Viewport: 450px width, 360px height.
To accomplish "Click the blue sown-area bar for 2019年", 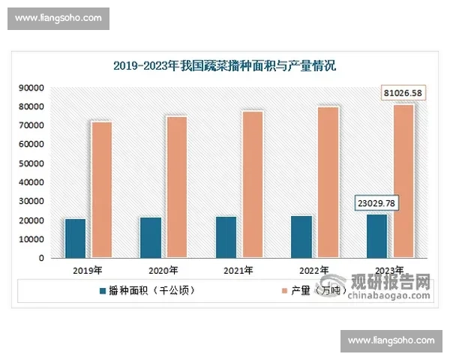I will point(75,238).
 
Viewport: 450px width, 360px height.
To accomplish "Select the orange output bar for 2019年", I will point(102,190).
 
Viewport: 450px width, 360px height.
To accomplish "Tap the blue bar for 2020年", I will point(150,238).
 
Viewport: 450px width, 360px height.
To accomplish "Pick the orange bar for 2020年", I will point(177,187).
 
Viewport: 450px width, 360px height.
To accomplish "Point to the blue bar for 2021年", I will point(226,237).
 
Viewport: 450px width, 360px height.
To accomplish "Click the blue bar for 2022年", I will point(301,237).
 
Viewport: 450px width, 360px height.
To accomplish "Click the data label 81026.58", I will point(403,93).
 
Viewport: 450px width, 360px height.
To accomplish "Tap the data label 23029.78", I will point(376,204).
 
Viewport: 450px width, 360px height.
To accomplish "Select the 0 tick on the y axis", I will point(41,259).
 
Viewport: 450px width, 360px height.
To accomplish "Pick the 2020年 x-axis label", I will point(163,270).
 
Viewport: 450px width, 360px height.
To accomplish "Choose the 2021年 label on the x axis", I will point(239,270).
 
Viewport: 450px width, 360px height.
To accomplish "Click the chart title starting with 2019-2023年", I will point(225,66).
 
